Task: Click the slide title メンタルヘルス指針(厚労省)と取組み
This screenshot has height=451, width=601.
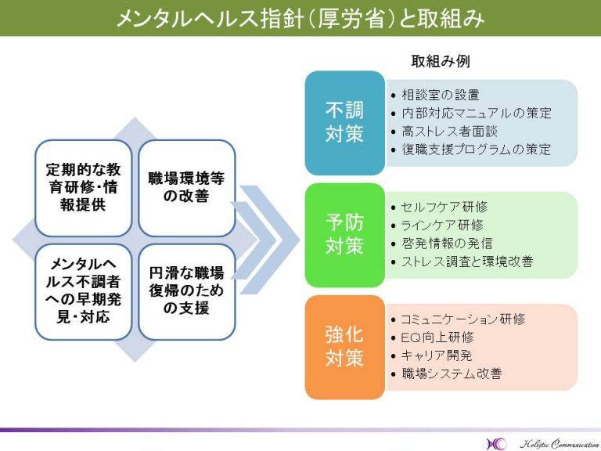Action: point(300,18)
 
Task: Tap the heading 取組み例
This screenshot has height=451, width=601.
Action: point(440,61)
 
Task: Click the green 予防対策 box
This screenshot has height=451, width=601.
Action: point(344,235)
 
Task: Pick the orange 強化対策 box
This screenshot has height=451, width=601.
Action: point(344,347)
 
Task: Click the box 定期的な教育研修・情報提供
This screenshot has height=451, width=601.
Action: point(83,188)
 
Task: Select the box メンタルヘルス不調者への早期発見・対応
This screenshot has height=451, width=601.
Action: point(83,292)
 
